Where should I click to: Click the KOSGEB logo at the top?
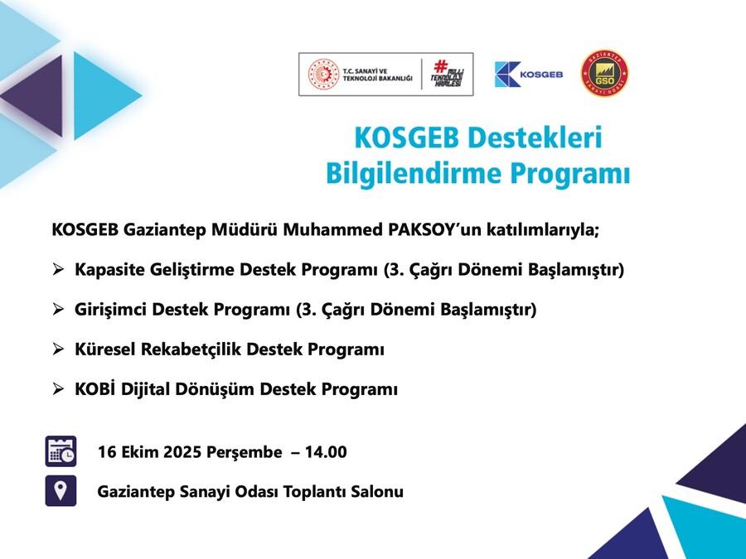pos(529,75)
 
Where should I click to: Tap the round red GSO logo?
pos(605,73)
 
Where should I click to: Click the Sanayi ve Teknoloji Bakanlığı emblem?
pos(323,75)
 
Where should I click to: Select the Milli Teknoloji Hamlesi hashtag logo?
pos(448,74)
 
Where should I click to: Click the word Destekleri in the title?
pos(535,137)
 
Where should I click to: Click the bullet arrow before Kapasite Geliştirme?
pos(58,269)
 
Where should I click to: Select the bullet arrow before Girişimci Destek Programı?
pos(58,310)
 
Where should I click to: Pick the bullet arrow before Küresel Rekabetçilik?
pos(58,349)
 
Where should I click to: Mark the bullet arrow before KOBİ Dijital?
pos(58,389)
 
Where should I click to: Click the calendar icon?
pos(61,451)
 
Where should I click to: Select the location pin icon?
pos(61,490)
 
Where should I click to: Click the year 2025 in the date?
pos(182,451)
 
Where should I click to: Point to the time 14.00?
pos(326,451)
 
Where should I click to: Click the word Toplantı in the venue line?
pos(315,491)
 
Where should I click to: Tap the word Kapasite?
pos(110,270)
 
